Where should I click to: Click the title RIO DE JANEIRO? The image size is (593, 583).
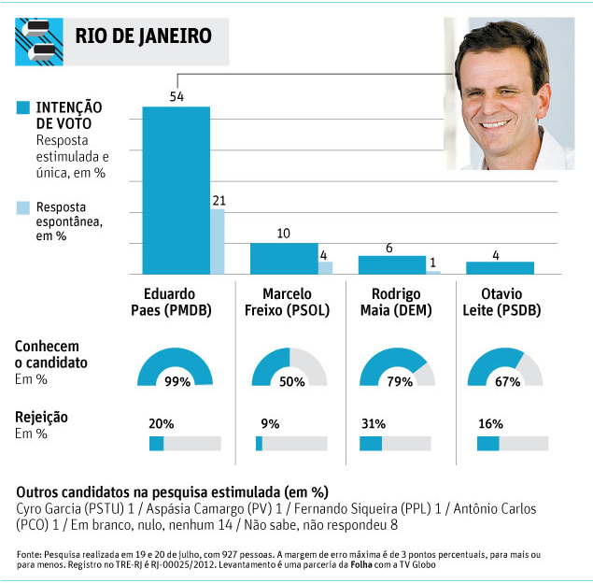(x=143, y=36)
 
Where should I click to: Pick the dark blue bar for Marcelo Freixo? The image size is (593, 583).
(x=284, y=258)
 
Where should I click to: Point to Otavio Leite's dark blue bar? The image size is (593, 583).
(x=500, y=268)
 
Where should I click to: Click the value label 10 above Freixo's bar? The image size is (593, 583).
(x=284, y=233)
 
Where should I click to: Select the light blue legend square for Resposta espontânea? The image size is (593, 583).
(x=22, y=206)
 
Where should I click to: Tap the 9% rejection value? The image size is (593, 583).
(x=271, y=423)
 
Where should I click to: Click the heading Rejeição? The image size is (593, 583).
(x=41, y=418)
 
